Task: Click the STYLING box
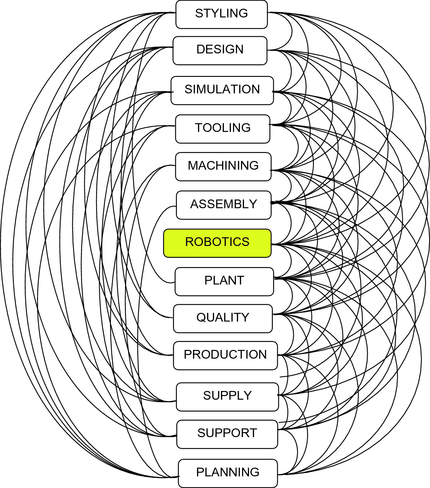[x=221, y=14]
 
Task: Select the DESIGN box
[x=220, y=50]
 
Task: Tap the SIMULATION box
[x=222, y=90]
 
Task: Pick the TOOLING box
[x=222, y=129]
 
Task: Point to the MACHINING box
[x=223, y=166]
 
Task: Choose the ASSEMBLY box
[x=224, y=205]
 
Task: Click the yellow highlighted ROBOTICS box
[x=217, y=243]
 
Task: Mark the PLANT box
[x=224, y=281]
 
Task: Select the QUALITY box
[x=222, y=318]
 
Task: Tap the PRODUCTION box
[x=225, y=355]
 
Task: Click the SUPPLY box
[x=227, y=396]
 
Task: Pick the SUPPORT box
[x=227, y=434]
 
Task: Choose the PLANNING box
[x=228, y=473]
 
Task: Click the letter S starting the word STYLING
[x=199, y=13]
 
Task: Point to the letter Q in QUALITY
[x=201, y=318]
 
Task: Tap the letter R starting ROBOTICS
[x=189, y=242]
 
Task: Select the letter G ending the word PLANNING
[x=254, y=472]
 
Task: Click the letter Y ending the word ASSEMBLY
[x=253, y=204]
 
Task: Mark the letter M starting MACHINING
[x=193, y=166]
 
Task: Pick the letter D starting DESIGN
[x=201, y=49]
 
